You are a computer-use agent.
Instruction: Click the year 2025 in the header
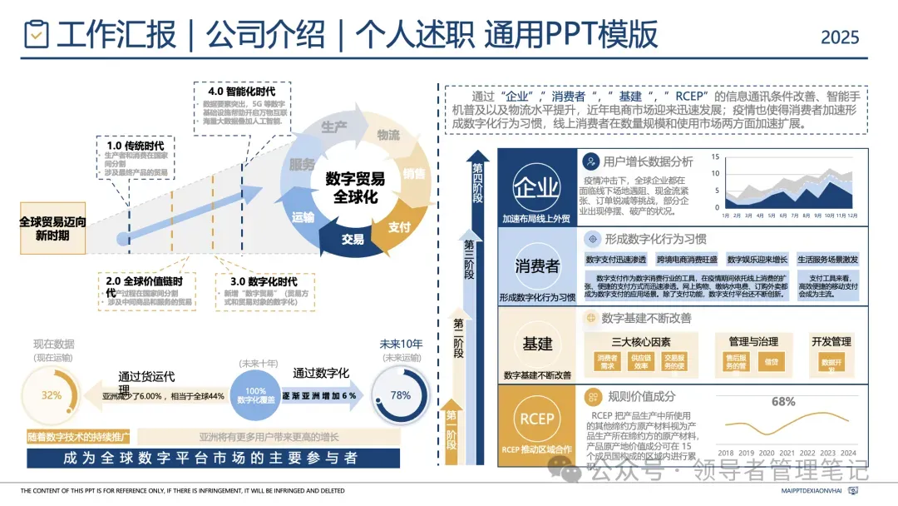point(840,37)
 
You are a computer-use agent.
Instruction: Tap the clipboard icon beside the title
point(37,34)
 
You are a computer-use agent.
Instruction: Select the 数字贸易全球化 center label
point(355,187)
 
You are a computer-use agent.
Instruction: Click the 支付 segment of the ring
point(399,226)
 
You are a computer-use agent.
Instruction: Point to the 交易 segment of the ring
point(353,240)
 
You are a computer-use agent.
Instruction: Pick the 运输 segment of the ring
point(303,217)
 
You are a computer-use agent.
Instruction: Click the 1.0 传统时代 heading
point(137,145)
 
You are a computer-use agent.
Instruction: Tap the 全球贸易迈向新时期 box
point(52,229)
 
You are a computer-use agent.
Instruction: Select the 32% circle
point(52,395)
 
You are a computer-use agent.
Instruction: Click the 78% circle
point(401,395)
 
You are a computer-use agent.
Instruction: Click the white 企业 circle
point(537,186)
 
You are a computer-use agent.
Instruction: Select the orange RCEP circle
point(537,419)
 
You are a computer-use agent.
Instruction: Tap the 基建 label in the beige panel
point(537,343)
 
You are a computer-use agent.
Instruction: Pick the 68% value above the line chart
point(783,401)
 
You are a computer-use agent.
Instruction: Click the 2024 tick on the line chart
point(848,453)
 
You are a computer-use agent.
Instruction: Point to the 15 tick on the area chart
point(716,156)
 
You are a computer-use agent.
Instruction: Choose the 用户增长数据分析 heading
point(648,161)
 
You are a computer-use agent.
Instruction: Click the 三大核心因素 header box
point(641,341)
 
